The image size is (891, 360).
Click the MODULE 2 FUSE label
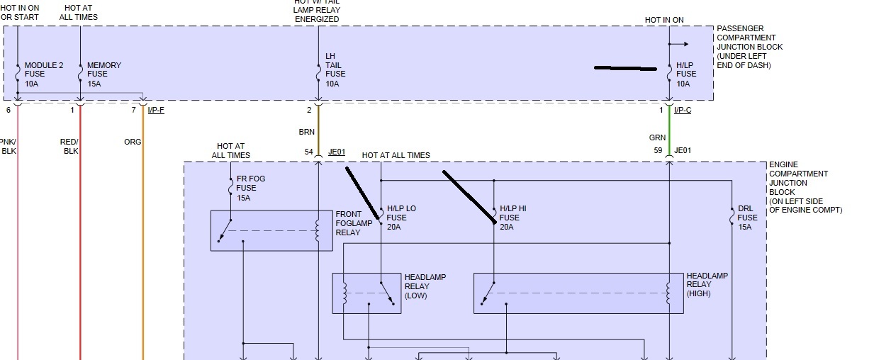44,74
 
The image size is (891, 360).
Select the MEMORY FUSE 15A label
103,74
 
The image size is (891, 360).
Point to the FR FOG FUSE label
250,188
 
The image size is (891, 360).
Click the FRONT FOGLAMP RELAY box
271,230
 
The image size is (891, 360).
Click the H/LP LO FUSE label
401,218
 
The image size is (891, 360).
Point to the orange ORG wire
143,234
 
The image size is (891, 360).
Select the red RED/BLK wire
80,234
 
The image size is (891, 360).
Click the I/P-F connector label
156,110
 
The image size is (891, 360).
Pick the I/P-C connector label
682,110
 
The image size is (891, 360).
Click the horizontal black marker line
626,69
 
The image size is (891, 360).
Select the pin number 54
309,151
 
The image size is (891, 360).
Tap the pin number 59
659,150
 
